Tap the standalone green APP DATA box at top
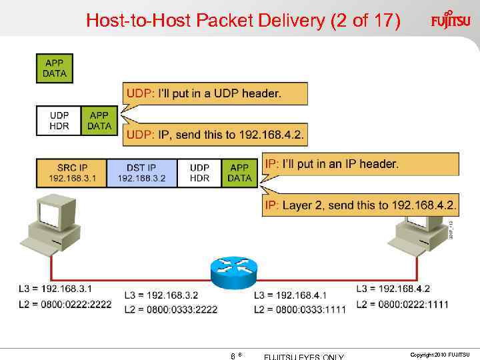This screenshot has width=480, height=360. click(x=55, y=69)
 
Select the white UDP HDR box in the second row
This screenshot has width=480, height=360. click(x=59, y=121)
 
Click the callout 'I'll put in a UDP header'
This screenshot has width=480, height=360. click(x=216, y=94)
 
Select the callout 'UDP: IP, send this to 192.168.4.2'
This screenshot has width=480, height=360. click(x=216, y=135)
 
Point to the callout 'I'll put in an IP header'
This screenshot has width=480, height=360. click(x=360, y=164)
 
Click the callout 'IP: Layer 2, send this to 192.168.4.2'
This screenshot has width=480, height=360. click(x=360, y=205)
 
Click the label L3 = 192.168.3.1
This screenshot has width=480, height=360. click(x=56, y=289)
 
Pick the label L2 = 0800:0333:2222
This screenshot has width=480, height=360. click(x=171, y=310)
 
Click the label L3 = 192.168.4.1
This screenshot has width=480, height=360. click(x=290, y=295)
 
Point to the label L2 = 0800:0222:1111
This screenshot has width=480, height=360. click(x=403, y=305)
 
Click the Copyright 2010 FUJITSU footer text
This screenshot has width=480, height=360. click(x=440, y=354)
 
